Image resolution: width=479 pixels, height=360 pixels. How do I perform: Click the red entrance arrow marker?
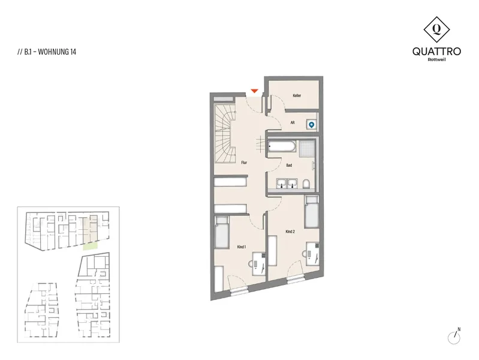pyautogui.click(x=254, y=91)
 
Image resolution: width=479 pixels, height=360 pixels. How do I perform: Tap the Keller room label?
pyautogui.click(x=297, y=95)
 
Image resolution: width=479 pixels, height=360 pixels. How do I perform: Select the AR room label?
pyautogui.click(x=293, y=122)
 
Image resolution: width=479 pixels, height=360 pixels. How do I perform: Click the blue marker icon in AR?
pyautogui.click(x=311, y=124)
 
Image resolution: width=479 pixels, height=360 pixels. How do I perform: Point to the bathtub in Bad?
pyautogui.click(x=282, y=146)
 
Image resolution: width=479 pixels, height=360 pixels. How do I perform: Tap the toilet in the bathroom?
pyautogui.click(x=306, y=184)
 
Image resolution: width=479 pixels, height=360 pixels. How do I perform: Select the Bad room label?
pyautogui.click(x=289, y=165)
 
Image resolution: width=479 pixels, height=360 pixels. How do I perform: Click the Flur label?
pyautogui.click(x=244, y=163)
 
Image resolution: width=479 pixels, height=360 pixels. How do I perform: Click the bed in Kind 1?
pyautogui.click(x=222, y=232)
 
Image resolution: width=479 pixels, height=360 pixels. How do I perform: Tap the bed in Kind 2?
pyautogui.click(x=312, y=212)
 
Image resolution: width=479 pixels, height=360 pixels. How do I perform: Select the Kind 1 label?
pyautogui.click(x=242, y=247)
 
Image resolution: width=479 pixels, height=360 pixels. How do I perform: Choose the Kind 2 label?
pyautogui.click(x=290, y=232)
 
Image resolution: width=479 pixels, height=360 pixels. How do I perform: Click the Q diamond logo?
pyautogui.click(x=436, y=29)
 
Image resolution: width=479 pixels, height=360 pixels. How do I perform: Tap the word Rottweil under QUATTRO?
pyautogui.click(x=436, y=59)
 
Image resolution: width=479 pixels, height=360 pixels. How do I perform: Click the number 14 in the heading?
pyautogui.click(x=73, y=52)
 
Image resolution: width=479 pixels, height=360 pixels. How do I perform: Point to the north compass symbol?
pyautogui.click(x=454, y=337)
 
